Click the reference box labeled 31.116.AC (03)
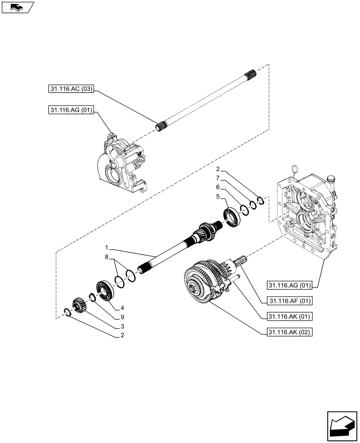70,89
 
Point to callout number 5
218,196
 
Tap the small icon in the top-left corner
17,7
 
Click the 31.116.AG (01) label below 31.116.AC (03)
70,110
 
